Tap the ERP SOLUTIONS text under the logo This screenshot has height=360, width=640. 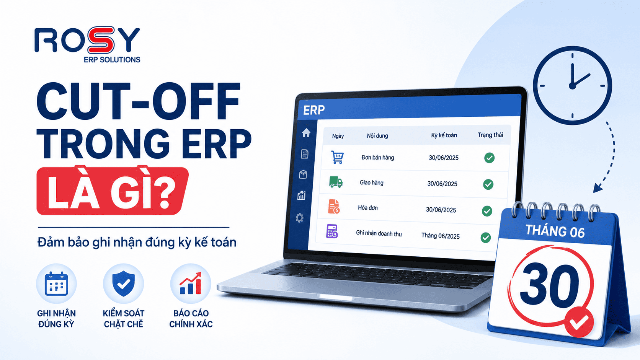click(x=112, y=60)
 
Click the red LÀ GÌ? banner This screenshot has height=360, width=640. click(x=113, y=191)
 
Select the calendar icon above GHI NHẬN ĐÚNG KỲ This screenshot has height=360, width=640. click(x=56, y=284)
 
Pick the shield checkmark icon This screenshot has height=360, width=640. click(x=123, y=283)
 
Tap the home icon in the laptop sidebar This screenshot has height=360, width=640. click(x=306, y=133)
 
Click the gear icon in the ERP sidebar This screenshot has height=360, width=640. click(x=299, y=218)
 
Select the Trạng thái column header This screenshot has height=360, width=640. click(x=490, y=135)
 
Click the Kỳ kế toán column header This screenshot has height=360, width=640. click(x=444, y=135)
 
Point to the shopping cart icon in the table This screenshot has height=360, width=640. click(x=337, y=157)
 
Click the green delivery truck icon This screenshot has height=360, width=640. click(x=336, y=182)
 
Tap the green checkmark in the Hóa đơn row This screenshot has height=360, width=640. click(x=487, y=211)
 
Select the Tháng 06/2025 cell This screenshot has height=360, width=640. click(x=440, y=236)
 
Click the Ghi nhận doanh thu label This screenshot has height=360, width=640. click(x=379, y=233)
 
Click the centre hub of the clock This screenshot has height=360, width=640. click(x=572, y=86)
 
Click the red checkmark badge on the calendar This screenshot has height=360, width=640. click(x=579, y=322)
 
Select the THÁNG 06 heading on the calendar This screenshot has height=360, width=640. click(x=555, y=231)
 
